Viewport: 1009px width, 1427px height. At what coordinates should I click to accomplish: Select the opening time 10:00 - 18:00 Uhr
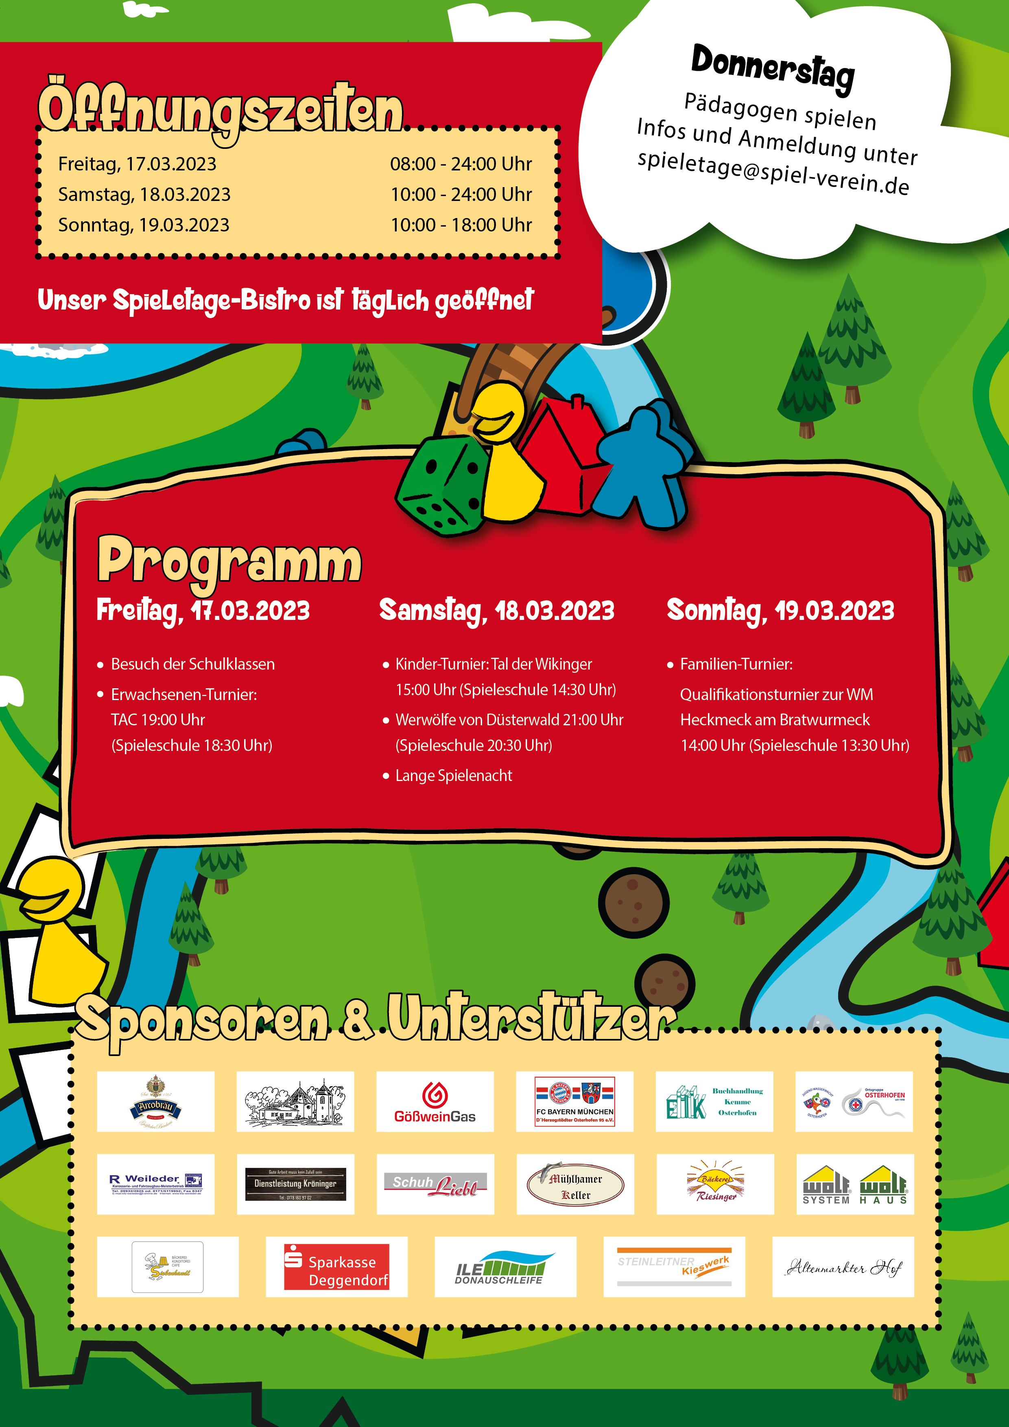click(461, 225)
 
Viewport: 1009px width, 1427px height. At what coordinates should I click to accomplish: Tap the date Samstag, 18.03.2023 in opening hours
click(144, 194)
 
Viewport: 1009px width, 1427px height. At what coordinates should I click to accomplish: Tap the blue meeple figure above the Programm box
click(644, 463)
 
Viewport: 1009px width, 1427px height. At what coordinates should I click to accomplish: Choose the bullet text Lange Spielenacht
click(453, 776)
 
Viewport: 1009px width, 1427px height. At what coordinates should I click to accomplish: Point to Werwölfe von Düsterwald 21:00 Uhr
click(509, 720)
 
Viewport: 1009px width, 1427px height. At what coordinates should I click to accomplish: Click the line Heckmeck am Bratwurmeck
click(775, 720)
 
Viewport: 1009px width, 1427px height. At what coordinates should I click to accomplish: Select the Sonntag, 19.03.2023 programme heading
click(780, 610)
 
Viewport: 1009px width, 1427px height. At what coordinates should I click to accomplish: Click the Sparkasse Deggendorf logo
click(336, 1267)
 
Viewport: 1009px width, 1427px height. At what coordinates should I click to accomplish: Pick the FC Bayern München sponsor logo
click(574, 1101)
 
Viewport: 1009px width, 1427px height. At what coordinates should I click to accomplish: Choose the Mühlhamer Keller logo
click(575, 1185)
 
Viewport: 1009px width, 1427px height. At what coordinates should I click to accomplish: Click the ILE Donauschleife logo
click(505, 1267)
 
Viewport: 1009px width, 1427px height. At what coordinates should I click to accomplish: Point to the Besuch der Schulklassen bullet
click(192, 664)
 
